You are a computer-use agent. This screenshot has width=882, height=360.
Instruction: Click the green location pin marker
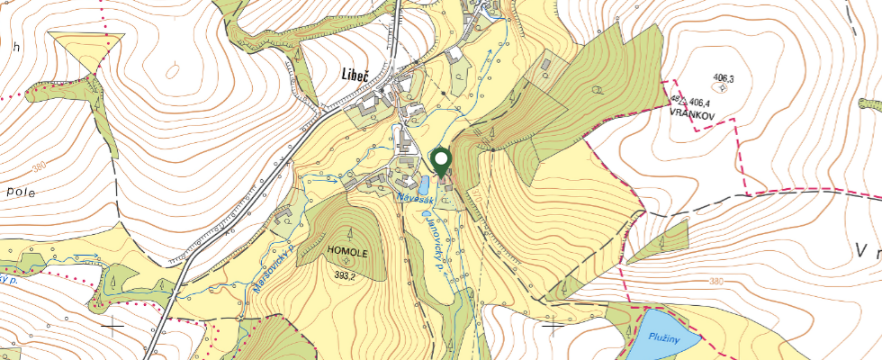(x=441, y=162)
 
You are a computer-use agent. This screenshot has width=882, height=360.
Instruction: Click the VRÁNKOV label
(x=691, y=114)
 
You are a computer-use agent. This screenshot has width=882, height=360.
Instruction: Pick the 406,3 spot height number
(x=723, y=79)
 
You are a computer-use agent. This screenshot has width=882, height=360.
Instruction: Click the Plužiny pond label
(x=665, y=336)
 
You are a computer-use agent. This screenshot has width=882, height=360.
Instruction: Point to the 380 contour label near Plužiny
(x=715, y=282)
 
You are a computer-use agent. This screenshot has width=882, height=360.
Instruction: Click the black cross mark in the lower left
(x=112, y=325)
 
